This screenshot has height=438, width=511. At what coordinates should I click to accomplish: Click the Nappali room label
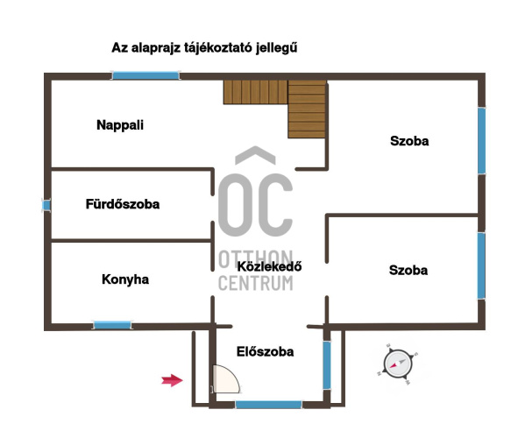120,125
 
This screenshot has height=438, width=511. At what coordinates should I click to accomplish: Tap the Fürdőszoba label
123,204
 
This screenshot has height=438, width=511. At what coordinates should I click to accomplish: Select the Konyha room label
125,279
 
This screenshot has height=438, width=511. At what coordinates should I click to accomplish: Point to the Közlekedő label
269,266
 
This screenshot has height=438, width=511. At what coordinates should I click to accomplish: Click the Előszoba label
265,351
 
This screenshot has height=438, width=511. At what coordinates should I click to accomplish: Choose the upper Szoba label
409,141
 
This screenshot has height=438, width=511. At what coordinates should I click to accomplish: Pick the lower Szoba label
408,271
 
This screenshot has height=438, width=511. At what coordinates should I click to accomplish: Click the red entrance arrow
172,380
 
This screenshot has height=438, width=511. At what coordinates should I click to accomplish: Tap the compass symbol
397,364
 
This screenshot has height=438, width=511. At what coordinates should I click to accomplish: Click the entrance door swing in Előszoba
226,379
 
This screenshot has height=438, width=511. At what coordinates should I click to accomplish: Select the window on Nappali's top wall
145,76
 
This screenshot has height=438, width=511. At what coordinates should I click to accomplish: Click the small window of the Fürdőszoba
46,205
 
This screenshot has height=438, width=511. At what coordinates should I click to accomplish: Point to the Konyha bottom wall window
112,325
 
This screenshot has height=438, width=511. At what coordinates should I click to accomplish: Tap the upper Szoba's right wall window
481,141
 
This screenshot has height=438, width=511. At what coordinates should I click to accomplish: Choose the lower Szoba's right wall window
481,265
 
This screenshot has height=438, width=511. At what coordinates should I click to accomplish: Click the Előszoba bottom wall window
268,405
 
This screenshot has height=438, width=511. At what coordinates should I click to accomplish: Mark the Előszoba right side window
327,365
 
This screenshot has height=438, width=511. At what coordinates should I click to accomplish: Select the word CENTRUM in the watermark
256,283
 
